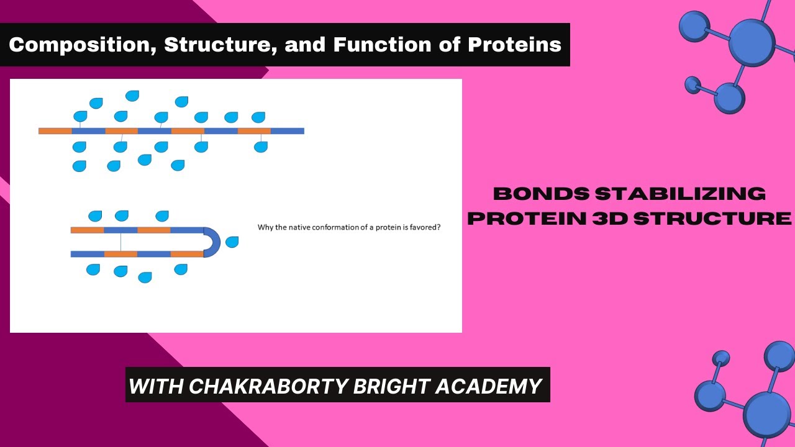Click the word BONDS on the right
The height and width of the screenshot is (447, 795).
point(540,194)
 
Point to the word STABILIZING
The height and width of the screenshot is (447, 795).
point(680,194)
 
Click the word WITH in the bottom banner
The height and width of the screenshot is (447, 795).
point(156,386)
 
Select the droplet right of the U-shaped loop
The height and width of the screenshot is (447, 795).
point(232,242)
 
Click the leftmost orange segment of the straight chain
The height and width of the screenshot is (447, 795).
point(55,131)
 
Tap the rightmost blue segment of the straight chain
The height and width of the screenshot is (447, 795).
point(288,131)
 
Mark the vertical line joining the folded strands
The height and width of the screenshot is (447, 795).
point(120,242)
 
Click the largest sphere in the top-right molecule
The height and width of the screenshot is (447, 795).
point(752,42)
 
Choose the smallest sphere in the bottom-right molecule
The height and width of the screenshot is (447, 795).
point(720,359)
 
